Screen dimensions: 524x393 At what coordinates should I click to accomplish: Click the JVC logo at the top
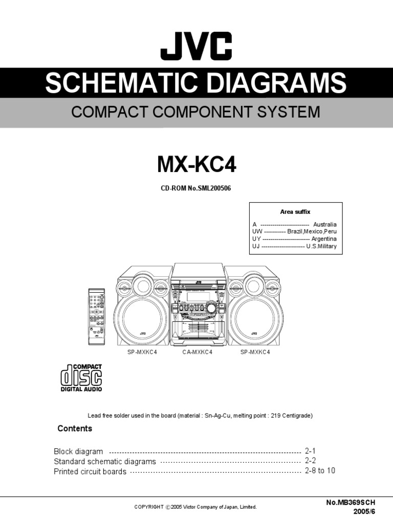[x=196, y=46]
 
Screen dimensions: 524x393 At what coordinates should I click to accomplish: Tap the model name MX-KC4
[x=196, y=165]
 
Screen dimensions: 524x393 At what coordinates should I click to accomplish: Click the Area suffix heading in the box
[x=295, y=212]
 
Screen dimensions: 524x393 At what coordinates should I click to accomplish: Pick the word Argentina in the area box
[x=324, y=239]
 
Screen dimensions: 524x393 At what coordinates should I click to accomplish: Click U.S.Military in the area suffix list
[x=321, y=246]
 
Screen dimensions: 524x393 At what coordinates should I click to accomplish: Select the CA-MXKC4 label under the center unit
[x=197, y=353]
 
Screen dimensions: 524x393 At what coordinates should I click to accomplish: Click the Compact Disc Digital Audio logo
[x=81, y=378]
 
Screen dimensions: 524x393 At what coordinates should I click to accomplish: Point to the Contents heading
[x=75, y=428]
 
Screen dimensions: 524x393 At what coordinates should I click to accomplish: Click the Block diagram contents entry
[x=78, y=452]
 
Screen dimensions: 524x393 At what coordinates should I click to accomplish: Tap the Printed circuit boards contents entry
[x=90, y=471]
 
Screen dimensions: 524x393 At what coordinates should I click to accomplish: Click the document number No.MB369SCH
[x=354, y=503]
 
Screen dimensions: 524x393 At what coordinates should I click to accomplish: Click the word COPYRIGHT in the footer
[x=149, y=507]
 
